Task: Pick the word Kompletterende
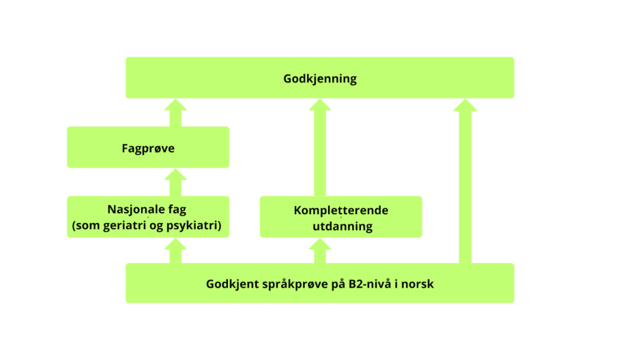point(341,210)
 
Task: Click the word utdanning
point(341,226)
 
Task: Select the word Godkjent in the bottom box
point(230,284)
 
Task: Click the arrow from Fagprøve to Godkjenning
point(175,113)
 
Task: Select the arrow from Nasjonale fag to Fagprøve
point(175,183)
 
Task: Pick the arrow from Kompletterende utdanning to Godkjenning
point(319,147)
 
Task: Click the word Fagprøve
point(148,147)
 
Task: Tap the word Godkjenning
point(320,78)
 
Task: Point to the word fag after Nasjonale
point(178,209)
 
